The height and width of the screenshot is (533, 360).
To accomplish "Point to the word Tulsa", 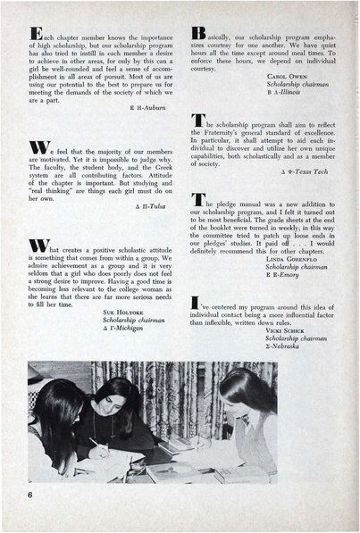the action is click(154, 204).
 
